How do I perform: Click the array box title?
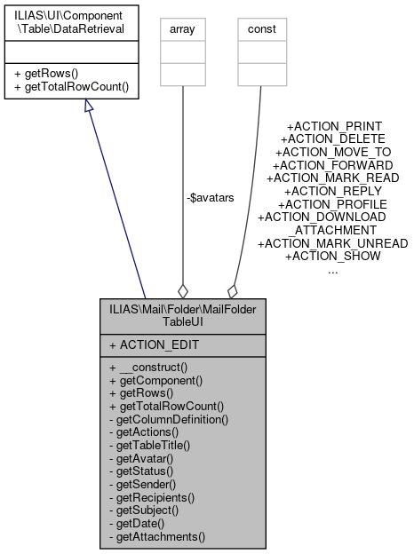pyautogui.click(x=182, y=29)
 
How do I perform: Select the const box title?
pyautogui.click(x=260, y=29)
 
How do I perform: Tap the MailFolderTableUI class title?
pyautogui.click(x=183, y=318)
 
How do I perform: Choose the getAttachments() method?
pyautogui.click(x=157, y=536)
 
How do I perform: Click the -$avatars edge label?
pyautogui.click(x=211, y=197)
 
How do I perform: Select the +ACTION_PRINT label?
pyautogui.click(x=332, y=126)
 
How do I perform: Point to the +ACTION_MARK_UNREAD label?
pyautogui.click(x=332, y=243)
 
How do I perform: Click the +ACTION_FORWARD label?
pyautogui.click(x=332, y=165)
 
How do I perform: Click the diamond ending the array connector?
pyautogui.click(x=183, y=289)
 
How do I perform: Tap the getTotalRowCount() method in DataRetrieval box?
pyautogui.click(x=71, y=87)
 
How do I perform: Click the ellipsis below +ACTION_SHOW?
pyautogui.click(x=332, y=270)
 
